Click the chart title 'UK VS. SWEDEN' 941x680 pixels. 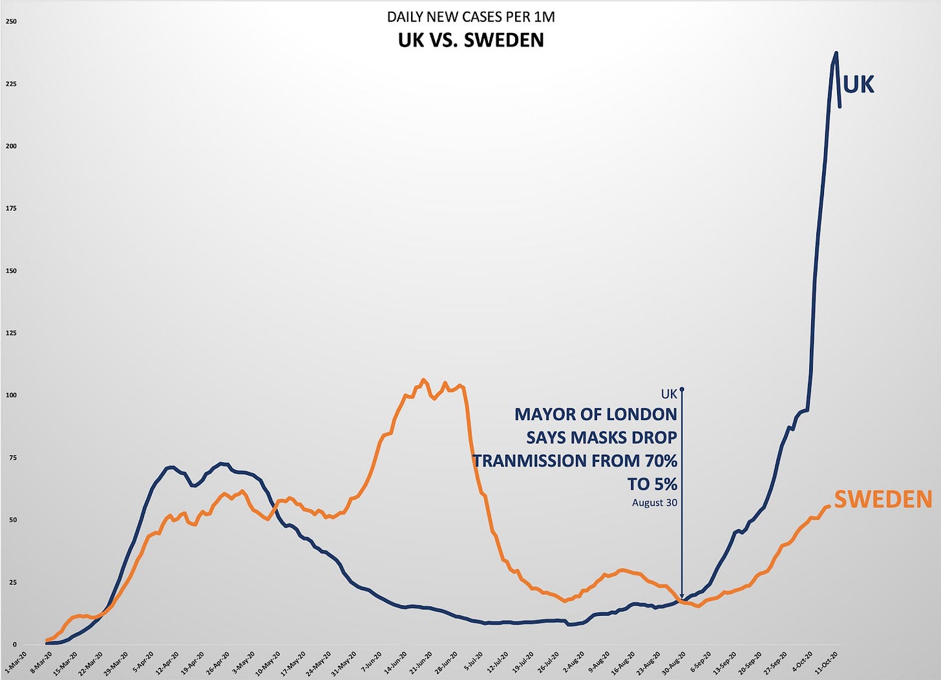(470, 40)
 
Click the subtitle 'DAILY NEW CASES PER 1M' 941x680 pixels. (470, 17)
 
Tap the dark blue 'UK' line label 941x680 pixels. (859, 85)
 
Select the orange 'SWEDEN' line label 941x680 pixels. (883, 499)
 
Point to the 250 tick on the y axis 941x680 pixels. (12, 21)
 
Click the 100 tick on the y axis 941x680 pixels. (12, 395)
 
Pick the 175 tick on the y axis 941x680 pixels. (12, 208)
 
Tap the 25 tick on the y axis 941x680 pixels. (13, 582)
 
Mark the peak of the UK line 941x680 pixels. (836, 53)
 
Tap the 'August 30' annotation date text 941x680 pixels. (655, 502)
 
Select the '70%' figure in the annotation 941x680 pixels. (659, 461)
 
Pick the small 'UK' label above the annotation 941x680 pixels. (669, 394)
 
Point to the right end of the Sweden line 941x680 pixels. (829, 505)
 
